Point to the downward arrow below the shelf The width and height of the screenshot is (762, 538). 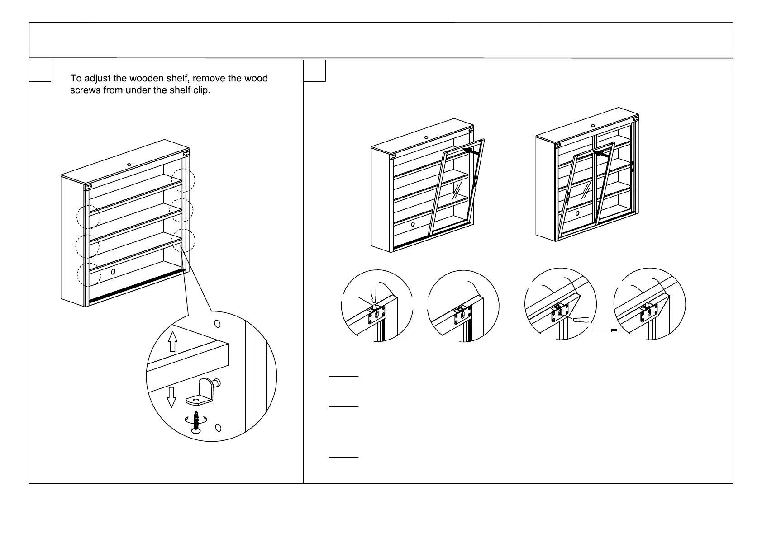pos(171,396)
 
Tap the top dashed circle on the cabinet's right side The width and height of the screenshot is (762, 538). pos(183,180)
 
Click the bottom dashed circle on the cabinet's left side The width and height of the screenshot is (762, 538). pos(88,274)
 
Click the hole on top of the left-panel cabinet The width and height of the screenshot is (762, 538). pos(129,164)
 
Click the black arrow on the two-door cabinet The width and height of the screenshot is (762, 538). pos(601,154)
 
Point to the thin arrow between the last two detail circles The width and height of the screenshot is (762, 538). pos(605,330)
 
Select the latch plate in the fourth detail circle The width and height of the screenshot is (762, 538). pos(649,312)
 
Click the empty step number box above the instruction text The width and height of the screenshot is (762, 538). pos(40,71)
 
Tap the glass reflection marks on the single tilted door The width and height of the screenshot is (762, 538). pos(458,190)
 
